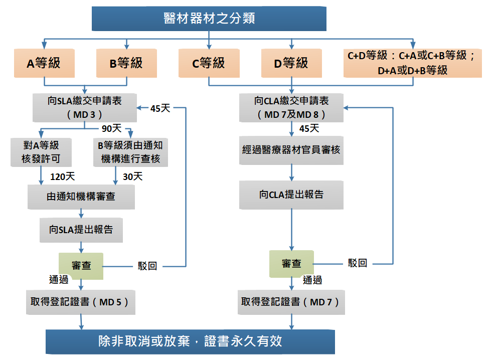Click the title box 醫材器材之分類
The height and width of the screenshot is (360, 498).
[209, 19]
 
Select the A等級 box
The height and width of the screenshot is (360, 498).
[44, 63]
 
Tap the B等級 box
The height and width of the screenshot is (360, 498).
[126, 63]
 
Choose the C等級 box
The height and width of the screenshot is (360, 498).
[209, 63]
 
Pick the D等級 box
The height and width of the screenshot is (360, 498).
[291, 63]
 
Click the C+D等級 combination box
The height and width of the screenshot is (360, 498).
[412, 63]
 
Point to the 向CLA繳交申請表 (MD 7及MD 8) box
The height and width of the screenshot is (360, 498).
[291, 108]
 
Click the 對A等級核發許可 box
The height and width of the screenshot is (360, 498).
[41, 152]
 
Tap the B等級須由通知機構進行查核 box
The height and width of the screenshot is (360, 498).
[130, 152]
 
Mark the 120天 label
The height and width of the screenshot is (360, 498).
[63, 176]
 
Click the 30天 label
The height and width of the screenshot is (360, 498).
[132, 176]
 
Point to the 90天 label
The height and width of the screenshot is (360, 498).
[111, 129]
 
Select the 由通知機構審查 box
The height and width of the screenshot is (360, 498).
[81, 197]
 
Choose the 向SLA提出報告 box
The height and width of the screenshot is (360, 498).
[81, 230]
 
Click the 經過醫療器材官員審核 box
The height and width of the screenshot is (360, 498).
[291, 149]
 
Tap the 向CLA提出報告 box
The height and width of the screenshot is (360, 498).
[291, 195]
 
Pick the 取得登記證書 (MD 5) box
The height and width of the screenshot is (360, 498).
[81, 302]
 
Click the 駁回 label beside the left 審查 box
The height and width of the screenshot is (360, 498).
[147, 266]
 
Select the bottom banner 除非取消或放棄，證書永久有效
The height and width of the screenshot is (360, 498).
[190, 341]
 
